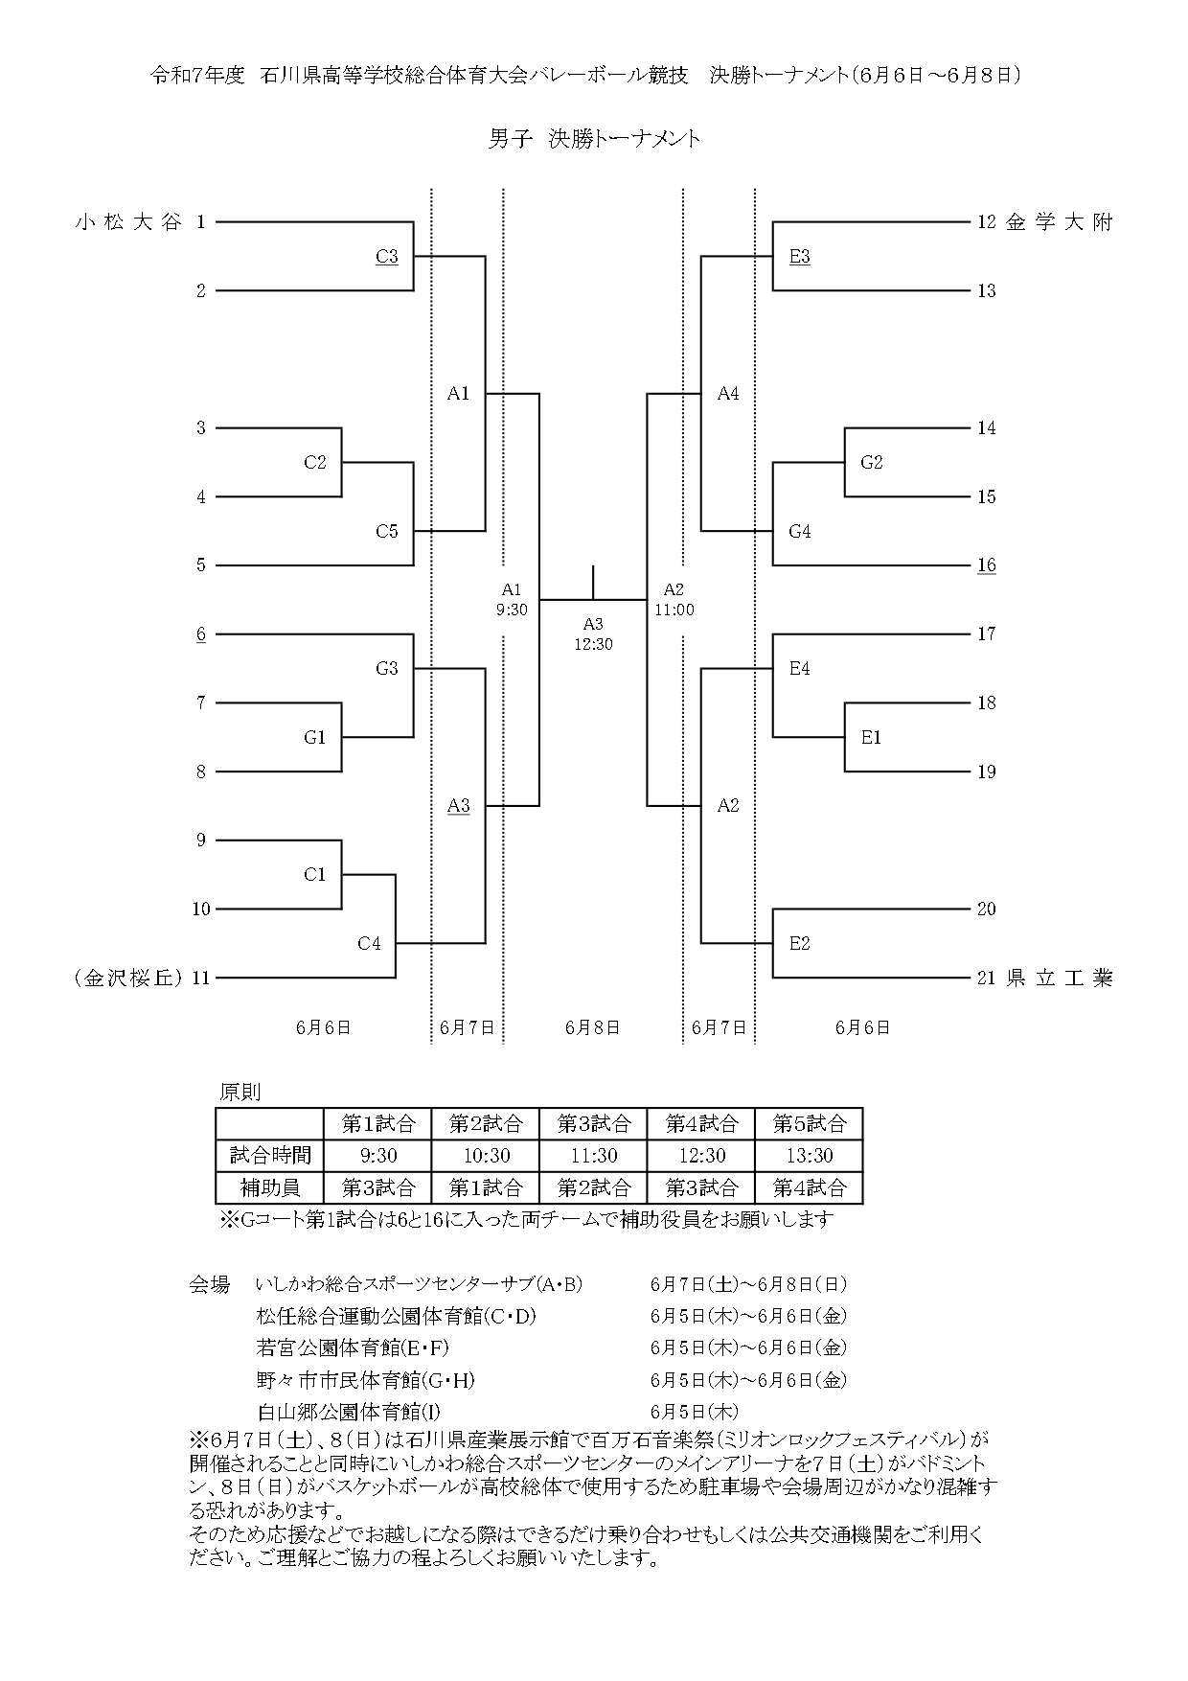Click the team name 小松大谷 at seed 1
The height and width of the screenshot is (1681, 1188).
(128, 222)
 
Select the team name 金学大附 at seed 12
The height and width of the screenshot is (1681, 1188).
(1060, 222)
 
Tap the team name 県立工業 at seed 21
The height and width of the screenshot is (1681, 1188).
(1060, 979)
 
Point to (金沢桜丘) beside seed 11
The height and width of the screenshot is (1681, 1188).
(126, 979)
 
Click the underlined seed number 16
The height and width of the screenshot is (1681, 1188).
(987, 565)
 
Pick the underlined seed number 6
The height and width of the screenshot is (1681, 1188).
(201, 634)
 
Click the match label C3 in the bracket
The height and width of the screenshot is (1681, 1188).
(387, 257)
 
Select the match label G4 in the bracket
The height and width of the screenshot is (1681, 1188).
(800, 532)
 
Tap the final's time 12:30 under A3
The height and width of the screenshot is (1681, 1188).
(593, 644)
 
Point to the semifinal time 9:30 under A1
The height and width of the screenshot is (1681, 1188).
(512, 610)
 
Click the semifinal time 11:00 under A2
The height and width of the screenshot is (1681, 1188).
(674, 610)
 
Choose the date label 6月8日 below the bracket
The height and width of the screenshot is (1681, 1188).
(593, 1027)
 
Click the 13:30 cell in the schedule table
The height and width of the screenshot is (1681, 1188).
(810, 1156)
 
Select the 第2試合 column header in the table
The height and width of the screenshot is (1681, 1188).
(486, 1123)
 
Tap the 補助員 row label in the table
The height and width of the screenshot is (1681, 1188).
(270, 1188)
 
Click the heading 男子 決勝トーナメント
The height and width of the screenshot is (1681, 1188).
(594, 139)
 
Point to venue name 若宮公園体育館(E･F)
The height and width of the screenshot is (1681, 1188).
(353, 1348)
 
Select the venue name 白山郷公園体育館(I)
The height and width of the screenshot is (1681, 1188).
(350, 1412)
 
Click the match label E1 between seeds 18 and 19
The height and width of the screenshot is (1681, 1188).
(871, 738)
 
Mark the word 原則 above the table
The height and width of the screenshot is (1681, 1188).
(240, 1092)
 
